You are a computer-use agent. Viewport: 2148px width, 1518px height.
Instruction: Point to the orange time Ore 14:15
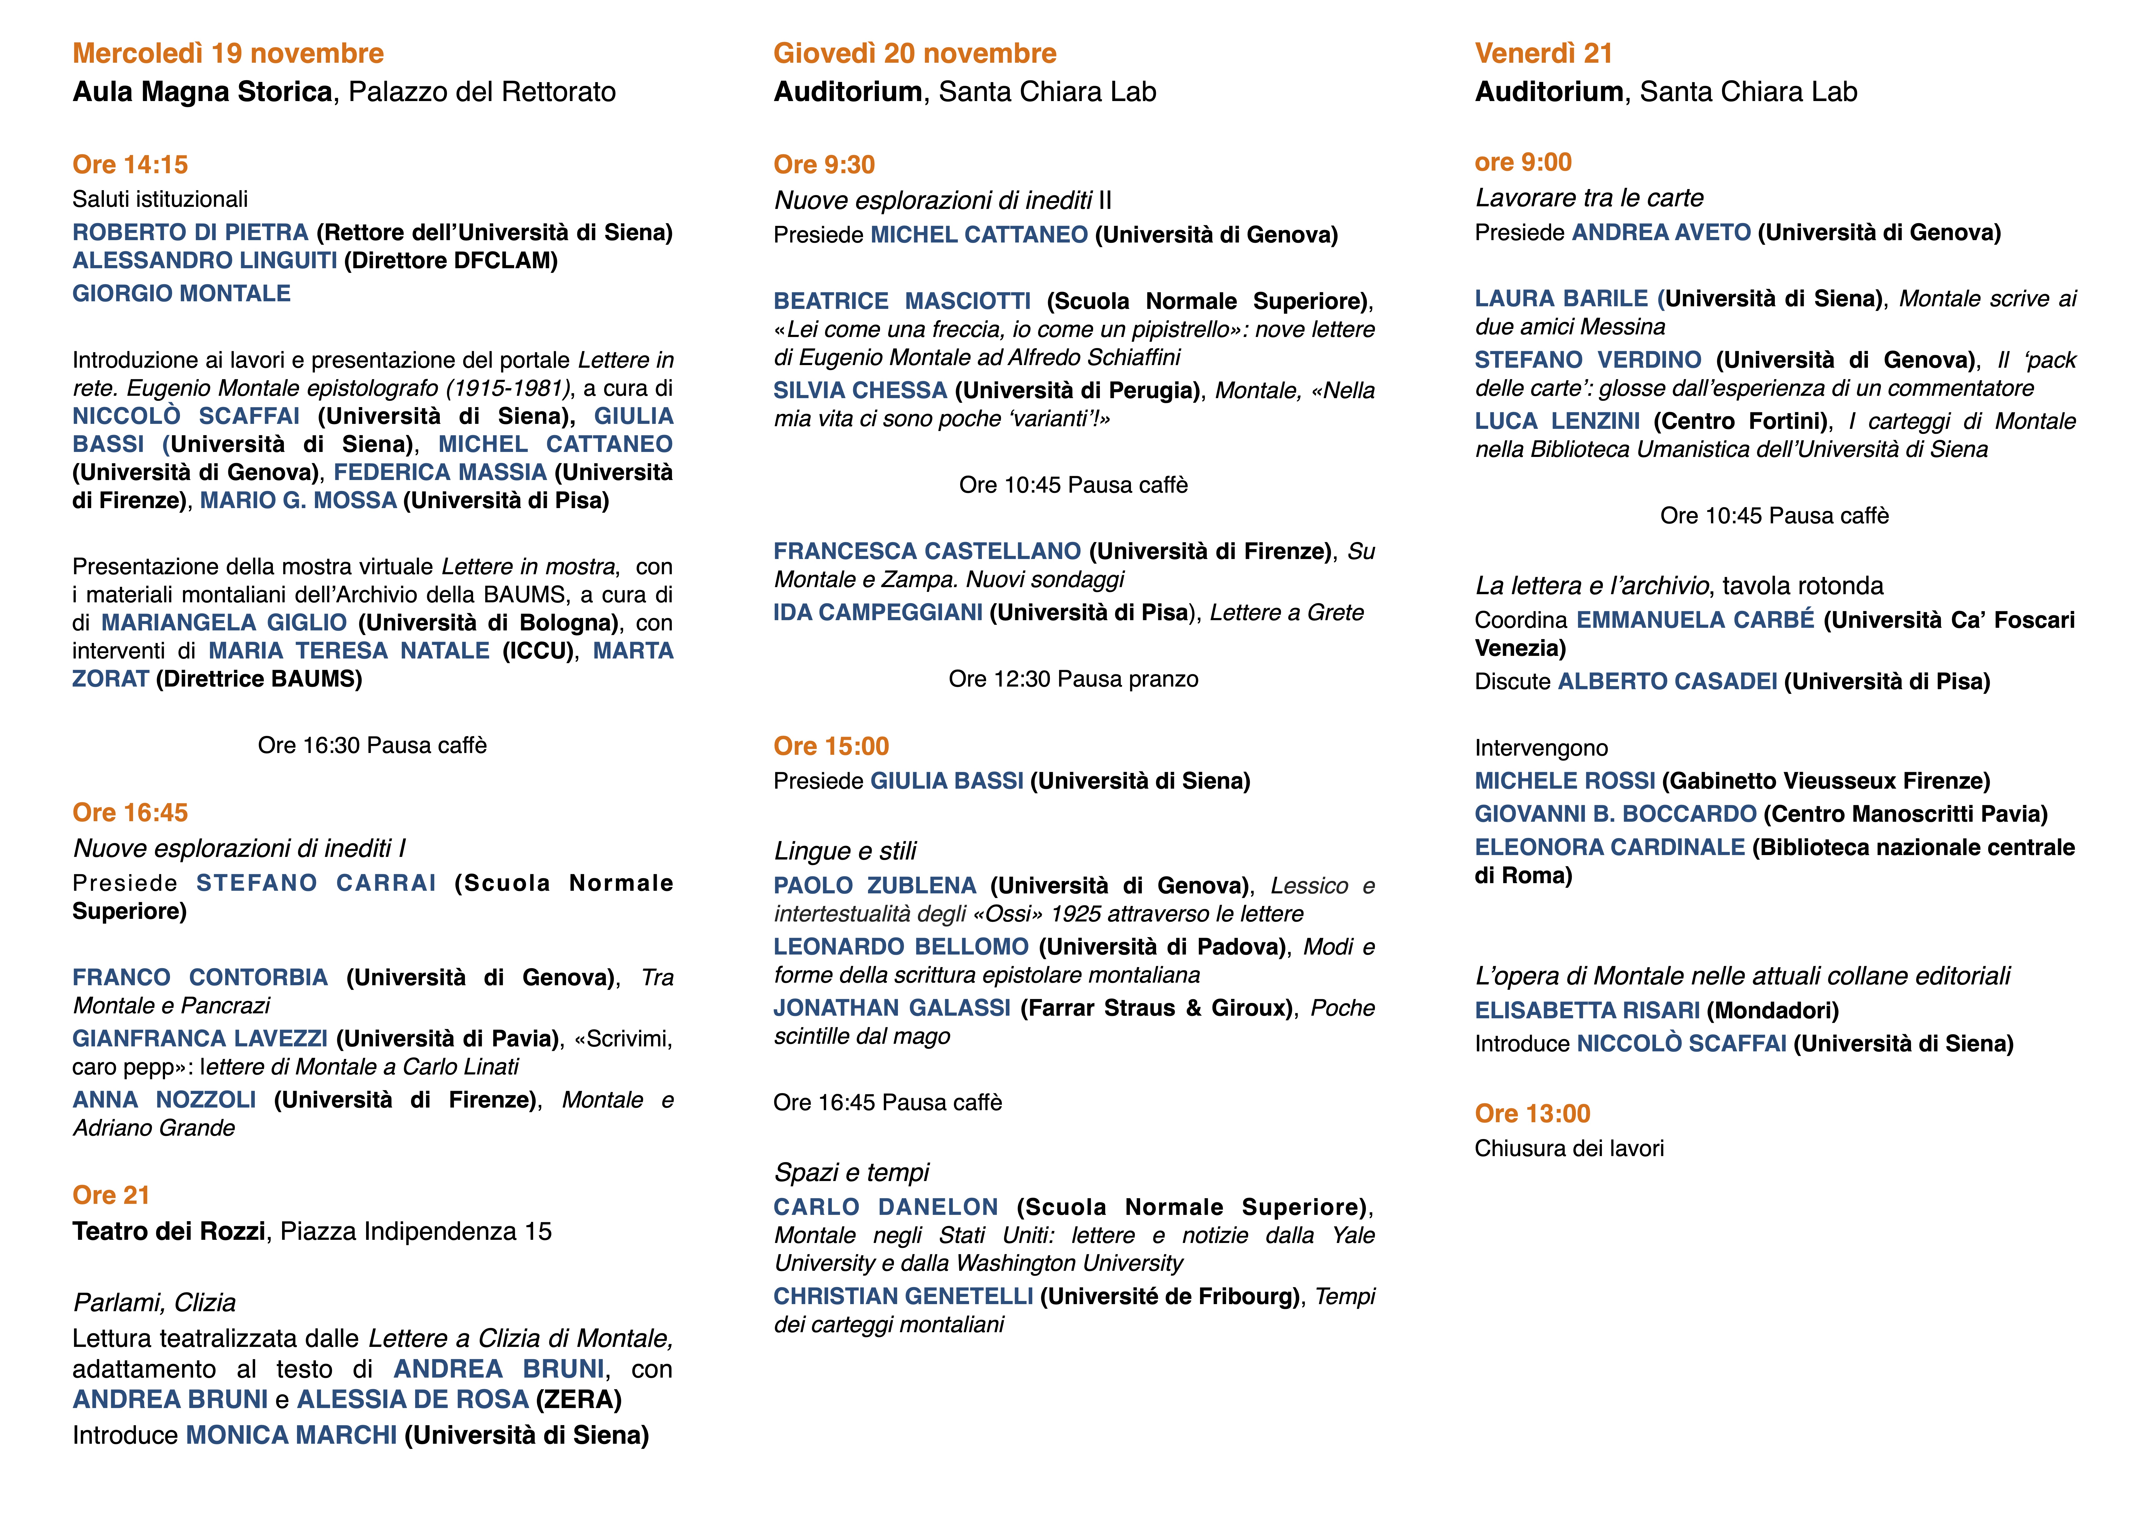point(130,165)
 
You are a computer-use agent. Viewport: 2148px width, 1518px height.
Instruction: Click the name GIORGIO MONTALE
point(182,294)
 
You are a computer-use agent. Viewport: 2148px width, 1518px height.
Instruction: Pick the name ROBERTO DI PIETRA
point(190,232)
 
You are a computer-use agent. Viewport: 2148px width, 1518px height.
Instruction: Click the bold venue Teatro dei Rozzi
point(168,1232)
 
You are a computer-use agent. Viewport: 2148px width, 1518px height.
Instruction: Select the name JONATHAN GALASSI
point(892,1008)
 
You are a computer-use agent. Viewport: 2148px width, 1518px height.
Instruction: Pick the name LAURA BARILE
point(1560,299)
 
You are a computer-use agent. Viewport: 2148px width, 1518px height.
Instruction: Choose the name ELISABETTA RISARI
point(1587,1011)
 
